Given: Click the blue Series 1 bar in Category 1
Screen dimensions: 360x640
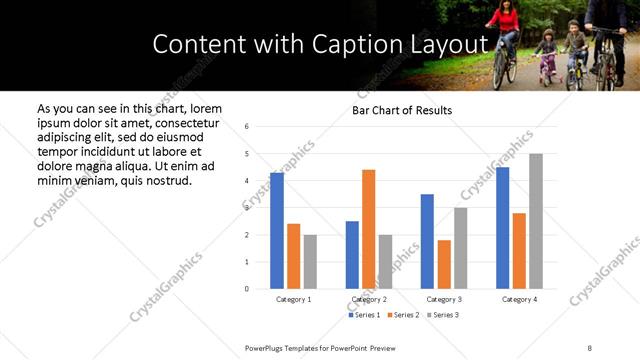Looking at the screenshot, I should [277, 231].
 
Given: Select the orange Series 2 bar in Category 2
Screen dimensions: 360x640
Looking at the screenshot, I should [369, 229].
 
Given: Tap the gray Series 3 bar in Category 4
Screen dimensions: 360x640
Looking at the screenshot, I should [536, 221].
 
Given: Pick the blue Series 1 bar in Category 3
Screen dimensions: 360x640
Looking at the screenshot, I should [427, 241].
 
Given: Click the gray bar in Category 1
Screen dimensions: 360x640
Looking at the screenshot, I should [310, 262].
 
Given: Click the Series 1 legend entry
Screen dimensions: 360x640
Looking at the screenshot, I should [363, 315].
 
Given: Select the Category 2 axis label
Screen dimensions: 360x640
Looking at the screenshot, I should [369, 299].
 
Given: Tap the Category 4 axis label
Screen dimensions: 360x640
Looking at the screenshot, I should [519, 299].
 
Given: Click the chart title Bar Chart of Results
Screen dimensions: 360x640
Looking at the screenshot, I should [402, 110].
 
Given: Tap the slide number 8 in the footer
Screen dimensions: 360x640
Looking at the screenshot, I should [590, 346].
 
